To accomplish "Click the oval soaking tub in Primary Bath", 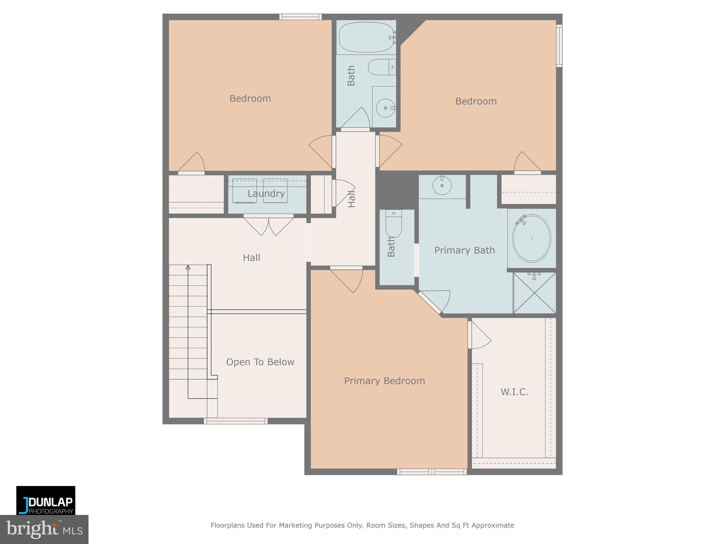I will pyautogui.click(x=531, y=238).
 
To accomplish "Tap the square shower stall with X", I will pyautogui.click(x=534, y=293).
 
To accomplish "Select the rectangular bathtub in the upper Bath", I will pyautogui.click(x=366, y=37).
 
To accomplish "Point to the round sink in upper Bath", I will pyautogui.click(x=385, y=108).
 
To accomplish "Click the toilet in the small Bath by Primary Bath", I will pyautogui.click(x=394, y=226).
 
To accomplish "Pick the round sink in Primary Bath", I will pyautogui.click(x=442, y=185).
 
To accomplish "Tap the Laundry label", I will pyautogui.click(x=266, y=194).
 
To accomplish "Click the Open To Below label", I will pyautogui.click(x=260, y=362).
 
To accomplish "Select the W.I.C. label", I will pyautogui.click(x=514, y=392).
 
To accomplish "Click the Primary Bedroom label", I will pyautogui.click(x=384, y=381).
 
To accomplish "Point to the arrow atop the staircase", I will pyautogui.click(x=188, y=267).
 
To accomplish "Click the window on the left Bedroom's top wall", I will pyautogui.click(x=300, y=17).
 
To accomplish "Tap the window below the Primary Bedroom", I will pyautogui.click(x=432, y=471).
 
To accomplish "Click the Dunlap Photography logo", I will pyautogui.click(x=46, y=500).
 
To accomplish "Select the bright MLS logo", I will pyautogui.click(x=44, y=529).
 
